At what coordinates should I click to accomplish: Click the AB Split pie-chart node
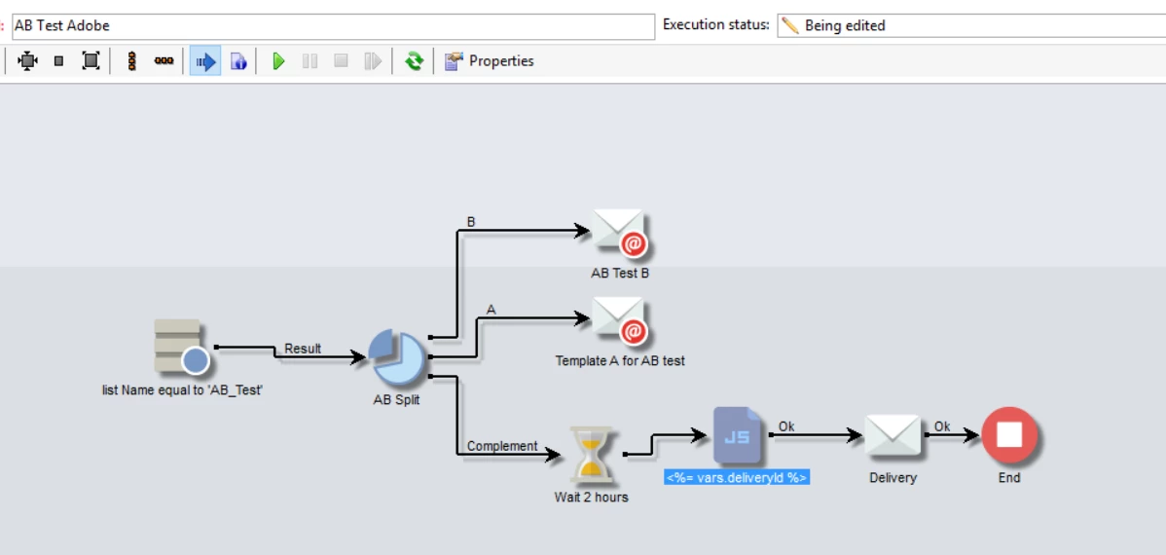tap(397, 358)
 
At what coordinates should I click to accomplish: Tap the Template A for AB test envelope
tap(621, 320)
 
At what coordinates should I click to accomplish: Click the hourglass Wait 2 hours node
tap(591, 455)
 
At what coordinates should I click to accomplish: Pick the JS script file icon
tap(737, 435)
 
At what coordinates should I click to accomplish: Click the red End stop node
tap(1009, 435)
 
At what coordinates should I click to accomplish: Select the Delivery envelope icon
tap(893, 435)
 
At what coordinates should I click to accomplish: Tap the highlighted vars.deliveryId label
tap(737, 477)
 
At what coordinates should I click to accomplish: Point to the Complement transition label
tap(502, 446)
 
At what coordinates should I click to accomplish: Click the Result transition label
tap(303, 349)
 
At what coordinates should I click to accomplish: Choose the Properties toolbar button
tap(490, 61)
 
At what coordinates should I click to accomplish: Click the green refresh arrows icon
tap(415, 61)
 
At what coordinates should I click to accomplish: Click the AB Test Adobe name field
tap(331, 26)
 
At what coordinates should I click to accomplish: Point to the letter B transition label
tap(471, 222)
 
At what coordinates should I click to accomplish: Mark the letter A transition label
tap(492, 310)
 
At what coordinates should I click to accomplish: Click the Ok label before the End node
tap(942, 426)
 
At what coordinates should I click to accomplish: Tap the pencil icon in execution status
tap(791, 26)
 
